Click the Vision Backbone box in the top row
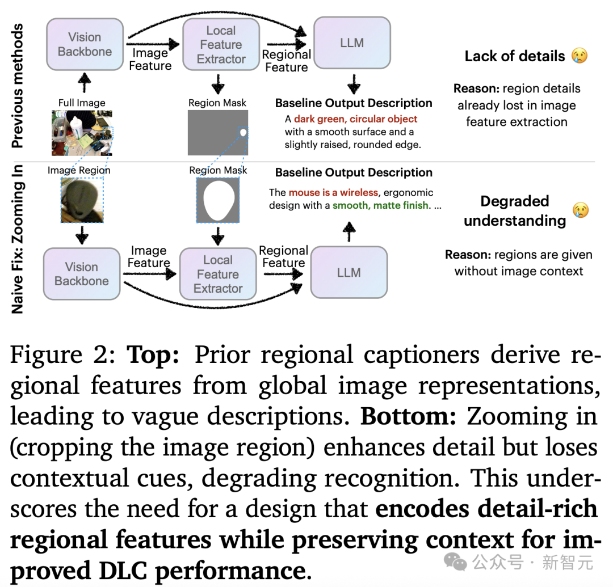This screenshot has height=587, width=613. coord(85,44)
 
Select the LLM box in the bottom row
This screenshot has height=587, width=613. coord(349,272)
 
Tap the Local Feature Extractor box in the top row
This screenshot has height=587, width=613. coord(221,44)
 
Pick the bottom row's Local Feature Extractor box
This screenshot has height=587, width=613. coord(218,274)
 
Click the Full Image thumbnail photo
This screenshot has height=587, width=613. coord(82,133)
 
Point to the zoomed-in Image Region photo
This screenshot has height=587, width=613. coord(82,200)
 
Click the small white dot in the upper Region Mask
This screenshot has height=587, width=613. coord(243,133)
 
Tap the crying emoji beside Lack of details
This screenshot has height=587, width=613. coord(580,56)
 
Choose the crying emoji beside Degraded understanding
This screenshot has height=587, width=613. coord(581,210)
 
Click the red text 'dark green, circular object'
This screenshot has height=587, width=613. coord(355,119)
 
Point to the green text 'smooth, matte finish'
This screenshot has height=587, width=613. coord(380,205)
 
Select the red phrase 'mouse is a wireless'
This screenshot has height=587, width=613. coord(334,192)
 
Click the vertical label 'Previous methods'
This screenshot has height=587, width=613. coord(17,86)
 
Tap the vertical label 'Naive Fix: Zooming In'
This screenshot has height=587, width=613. coord(17,239)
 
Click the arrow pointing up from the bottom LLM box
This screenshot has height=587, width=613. coord(349,231)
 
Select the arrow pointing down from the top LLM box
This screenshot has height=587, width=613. coord(354,84)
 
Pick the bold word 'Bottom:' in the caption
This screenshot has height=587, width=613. coord(408,416)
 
